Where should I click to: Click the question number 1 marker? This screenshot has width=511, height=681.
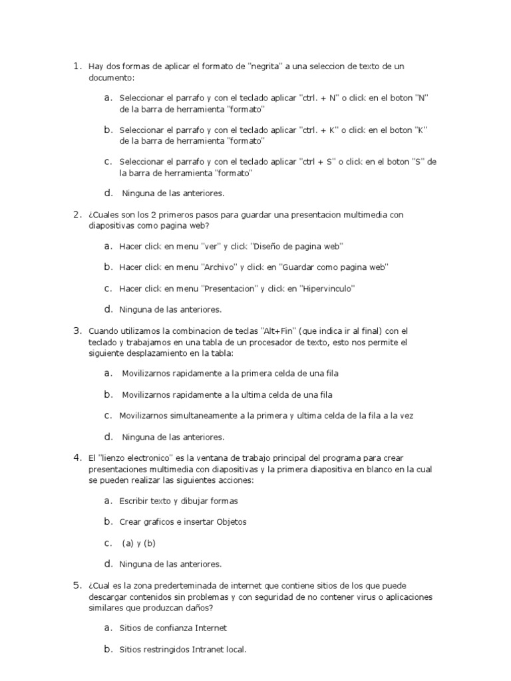77,67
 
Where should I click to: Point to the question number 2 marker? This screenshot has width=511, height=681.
77,215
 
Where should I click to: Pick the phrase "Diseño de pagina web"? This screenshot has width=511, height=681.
296,247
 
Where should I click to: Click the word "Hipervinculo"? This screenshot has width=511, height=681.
328,289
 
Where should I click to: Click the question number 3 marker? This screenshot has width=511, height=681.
77,331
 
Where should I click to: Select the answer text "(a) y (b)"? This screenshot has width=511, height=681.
138,543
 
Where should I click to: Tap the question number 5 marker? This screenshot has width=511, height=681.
77,585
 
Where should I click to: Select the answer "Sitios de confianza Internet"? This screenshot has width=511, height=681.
173,628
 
